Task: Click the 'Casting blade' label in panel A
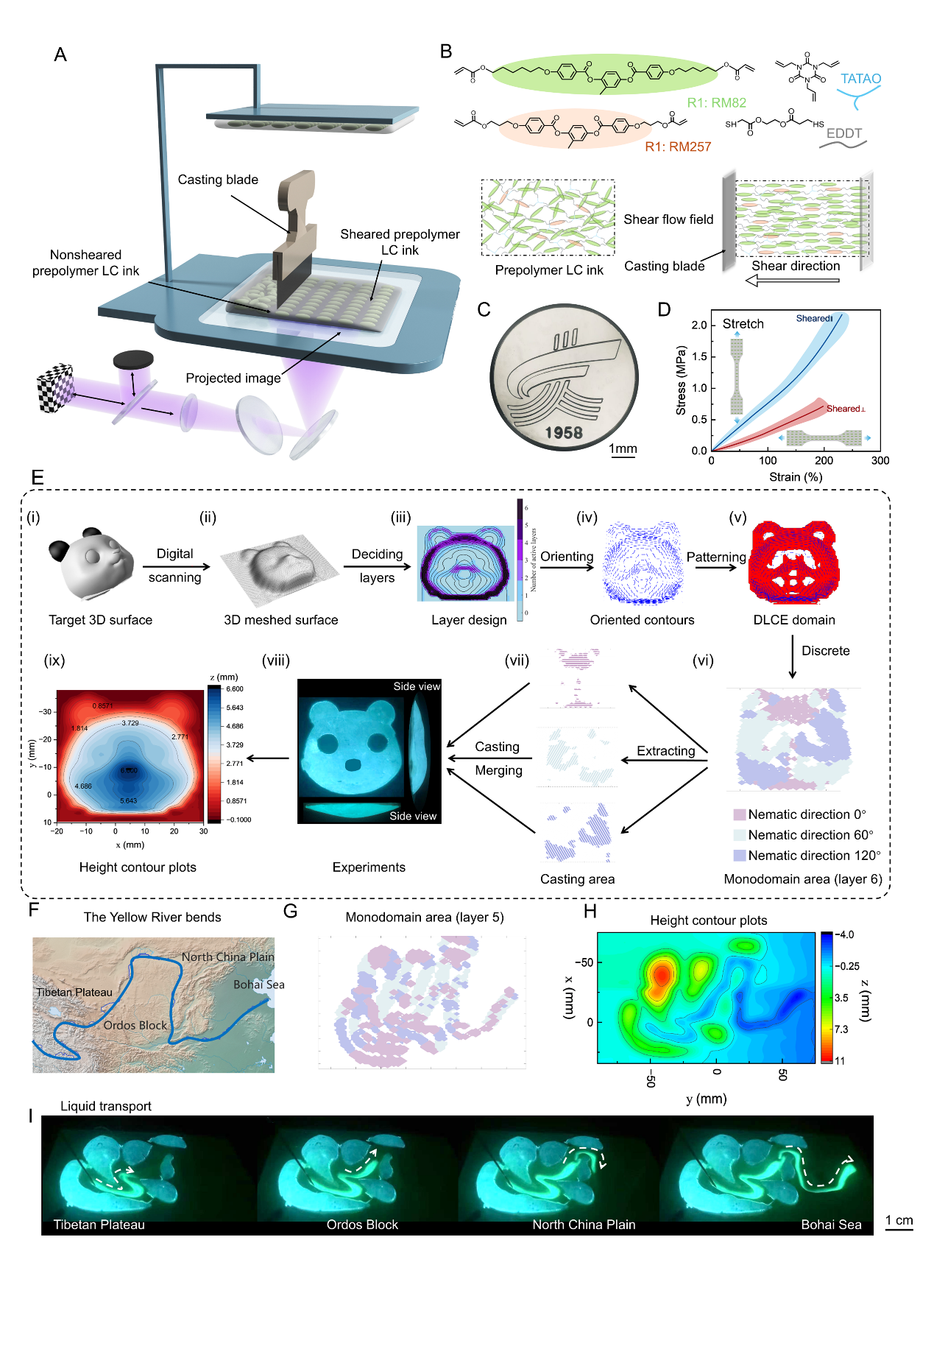tap(218, 180)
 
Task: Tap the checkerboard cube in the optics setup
tap(56, 387)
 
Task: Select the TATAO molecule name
tap(860, 79)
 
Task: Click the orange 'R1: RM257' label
tap(678, 147)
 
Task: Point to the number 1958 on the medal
tap(564, 432)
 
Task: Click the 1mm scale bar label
tap(623, 448)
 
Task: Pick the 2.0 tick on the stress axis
tap(698, 325)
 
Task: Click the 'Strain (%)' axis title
tap(796, 477)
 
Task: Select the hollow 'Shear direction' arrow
tap(792, 281)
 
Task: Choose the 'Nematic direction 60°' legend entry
tap(810, 835)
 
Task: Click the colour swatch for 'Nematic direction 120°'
tap(740, 856)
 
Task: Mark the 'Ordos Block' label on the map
tap(135, 1025)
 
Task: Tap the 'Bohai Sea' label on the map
tap(258, 985)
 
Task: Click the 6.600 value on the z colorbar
tap(235, 689)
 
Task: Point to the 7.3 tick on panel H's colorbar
tap(841, 1029)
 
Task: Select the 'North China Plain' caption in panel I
tap(584, 1225)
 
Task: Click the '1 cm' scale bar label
tap(899, 1220)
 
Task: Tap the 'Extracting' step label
tap(665, 751)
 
